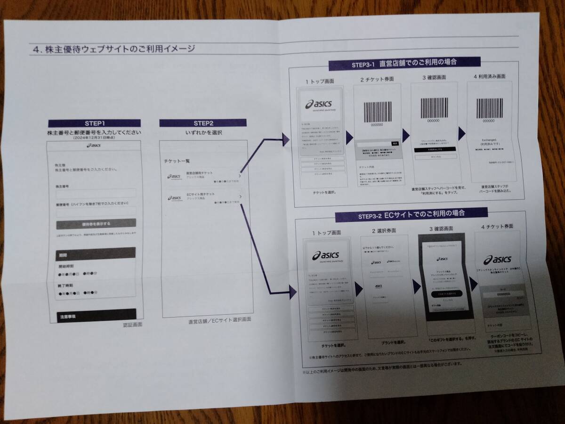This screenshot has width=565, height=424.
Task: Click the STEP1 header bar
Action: [x=95, y=123]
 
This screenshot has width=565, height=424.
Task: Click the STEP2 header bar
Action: [x=203, y=123]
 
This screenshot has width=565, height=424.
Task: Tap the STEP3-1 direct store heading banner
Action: [x=405, y=62]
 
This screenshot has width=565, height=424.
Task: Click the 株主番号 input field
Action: [x=96, y=193]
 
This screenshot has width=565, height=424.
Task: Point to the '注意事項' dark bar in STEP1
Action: [x=96, y=315]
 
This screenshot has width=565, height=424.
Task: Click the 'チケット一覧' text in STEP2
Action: [x=178, y=161]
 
